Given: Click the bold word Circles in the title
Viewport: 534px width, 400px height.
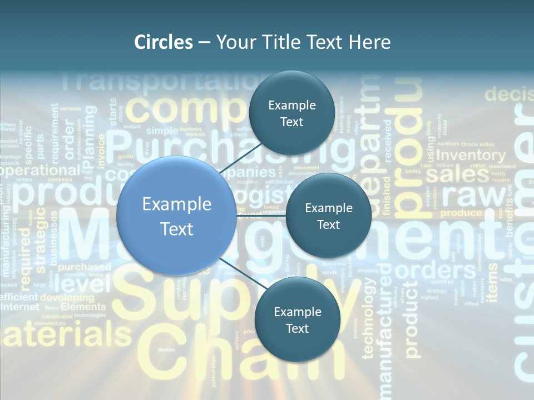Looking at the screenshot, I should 164,42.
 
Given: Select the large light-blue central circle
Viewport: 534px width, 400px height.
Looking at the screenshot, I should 176,216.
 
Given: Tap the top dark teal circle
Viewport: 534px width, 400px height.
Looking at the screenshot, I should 291,113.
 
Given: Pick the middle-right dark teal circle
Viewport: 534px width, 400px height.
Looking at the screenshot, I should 328,216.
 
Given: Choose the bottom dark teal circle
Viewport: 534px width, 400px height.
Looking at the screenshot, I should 297,319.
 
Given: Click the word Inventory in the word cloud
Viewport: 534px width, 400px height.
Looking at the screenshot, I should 471,156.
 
